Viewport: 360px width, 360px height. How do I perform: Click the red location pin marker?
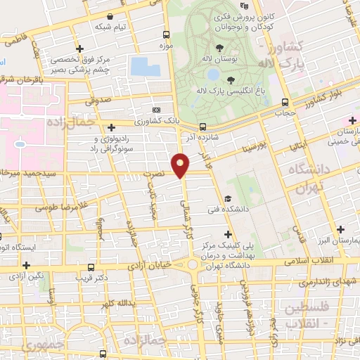(x=181, y=165)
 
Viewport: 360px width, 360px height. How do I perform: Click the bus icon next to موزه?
(x=166, y=34)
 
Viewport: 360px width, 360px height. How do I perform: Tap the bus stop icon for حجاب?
(x=285, y=102)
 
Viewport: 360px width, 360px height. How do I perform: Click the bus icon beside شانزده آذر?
(x=202, y=127)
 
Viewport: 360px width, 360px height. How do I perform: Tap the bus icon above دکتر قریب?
(x=91, y=267)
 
